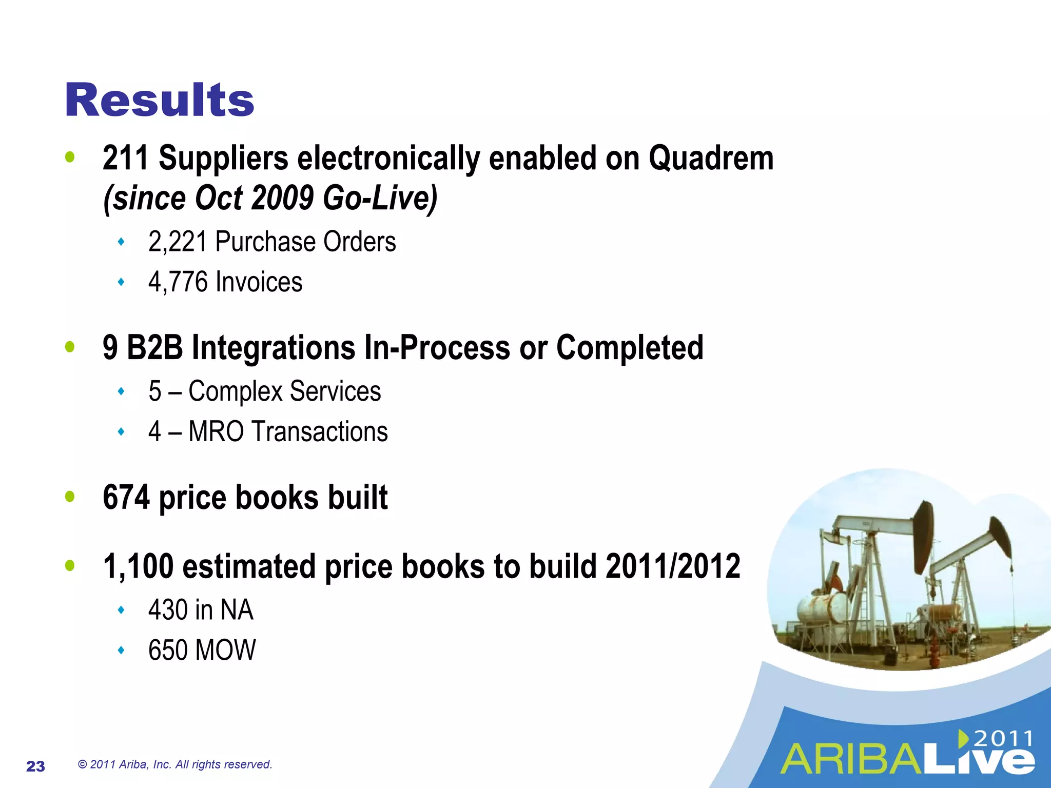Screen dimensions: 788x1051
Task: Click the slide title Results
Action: click(x=160, y=101)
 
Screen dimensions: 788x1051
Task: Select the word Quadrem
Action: click(x=711, y=158)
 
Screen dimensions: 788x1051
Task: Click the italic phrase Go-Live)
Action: click(x=380, y=199)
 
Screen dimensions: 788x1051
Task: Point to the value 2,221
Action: click(x=177, y=242)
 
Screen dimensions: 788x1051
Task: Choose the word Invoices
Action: click(x=259, y=282)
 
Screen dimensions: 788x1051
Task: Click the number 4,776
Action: click(x=178, y=282)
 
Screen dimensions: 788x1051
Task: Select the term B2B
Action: click(x=154, y=348)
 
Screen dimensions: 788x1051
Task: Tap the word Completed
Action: click(x=630, y=348)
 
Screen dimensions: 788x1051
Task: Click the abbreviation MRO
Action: click(x=216, y=431)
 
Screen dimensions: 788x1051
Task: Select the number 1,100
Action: click(x=138, y=567)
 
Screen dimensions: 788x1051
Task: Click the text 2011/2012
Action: click(x=673, y=567)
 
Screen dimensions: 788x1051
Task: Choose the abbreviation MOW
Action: click(x=226, y=651)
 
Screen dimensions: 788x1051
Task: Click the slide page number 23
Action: click(x=35, y=766)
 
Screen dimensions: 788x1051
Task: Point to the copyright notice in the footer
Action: click(x=175, y=764)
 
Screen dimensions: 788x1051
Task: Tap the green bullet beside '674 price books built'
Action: click(x=70, y=497)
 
